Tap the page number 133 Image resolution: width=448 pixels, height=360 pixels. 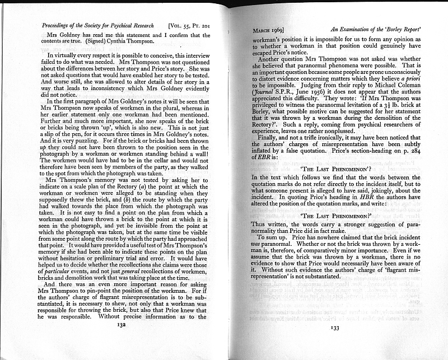(x=335, y=329)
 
